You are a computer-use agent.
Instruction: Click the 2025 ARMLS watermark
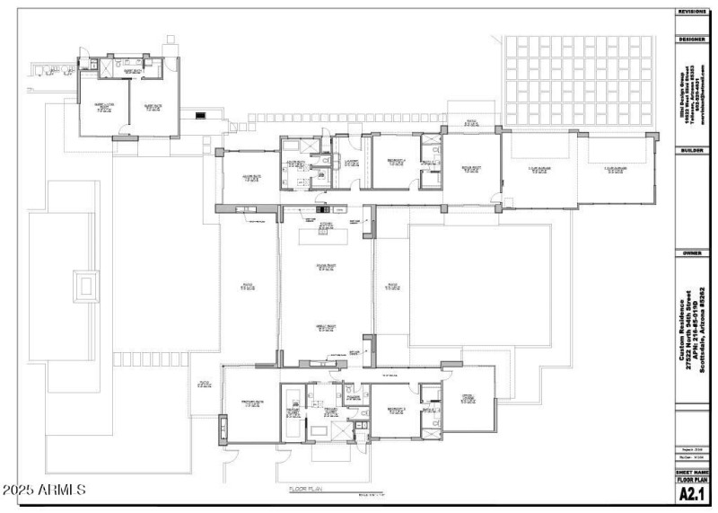pyautogui.click(x=44, y=491)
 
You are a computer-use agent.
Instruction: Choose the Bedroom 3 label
pyautogui.click(x=398, y=408)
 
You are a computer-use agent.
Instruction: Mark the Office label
pyautogui.click(x=468, y=398)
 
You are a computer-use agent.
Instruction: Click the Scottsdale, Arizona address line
pyautogui.click(x=701, y=329)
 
